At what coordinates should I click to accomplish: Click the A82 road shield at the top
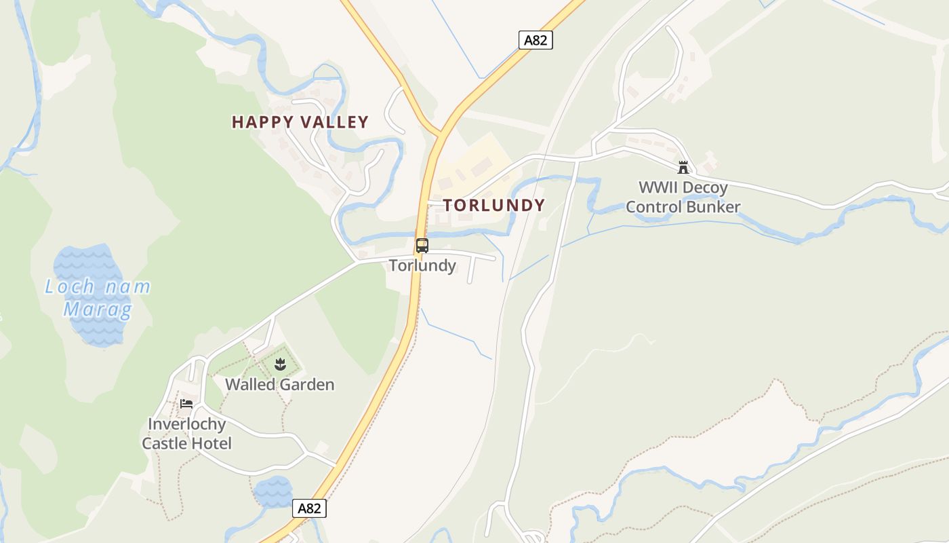536,40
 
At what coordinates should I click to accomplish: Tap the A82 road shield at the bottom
310,508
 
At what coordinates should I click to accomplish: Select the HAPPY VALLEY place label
300,122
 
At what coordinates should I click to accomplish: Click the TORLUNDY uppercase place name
494,205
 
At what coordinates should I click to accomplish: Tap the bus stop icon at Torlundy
422,246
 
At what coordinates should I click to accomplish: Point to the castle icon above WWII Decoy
683,167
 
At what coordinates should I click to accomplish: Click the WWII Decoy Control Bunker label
683,197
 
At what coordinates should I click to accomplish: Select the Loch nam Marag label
98,298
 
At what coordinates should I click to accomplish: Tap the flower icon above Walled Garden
280,365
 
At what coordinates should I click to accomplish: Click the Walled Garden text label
279,384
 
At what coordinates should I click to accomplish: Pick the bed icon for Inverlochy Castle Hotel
186,404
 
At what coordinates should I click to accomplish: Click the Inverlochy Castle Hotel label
186,434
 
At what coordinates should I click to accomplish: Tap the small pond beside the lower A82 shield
273,491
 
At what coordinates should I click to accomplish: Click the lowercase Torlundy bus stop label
422,265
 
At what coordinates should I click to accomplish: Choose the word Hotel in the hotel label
211,443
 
